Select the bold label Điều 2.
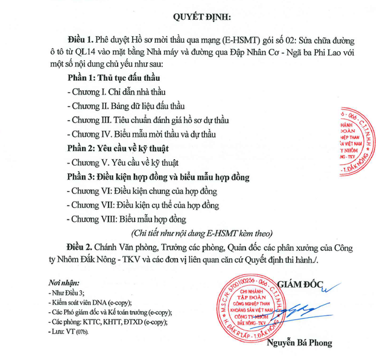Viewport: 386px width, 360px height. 82,248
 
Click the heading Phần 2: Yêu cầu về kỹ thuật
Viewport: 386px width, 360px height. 118,148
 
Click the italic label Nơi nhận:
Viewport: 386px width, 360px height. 61,282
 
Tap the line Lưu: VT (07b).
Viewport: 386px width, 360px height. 70,332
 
